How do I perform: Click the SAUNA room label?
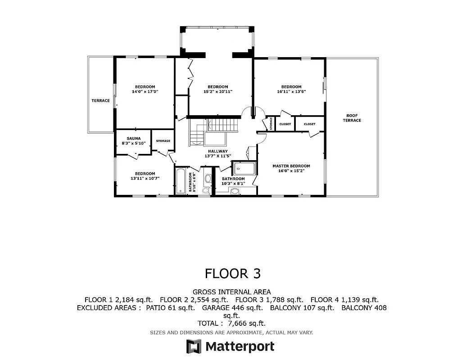point(134,138)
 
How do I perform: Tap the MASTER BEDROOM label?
point(291,166)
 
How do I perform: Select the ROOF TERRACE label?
point(352,117)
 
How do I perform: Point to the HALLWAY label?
point(217,151)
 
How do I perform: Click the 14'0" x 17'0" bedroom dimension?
point(145,92)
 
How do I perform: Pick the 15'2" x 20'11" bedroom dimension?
point(217,92)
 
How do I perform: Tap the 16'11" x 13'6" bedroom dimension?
point(291,92)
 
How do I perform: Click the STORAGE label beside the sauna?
point(163,141)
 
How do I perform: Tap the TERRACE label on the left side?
point(100,101)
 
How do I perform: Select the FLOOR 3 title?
point(233,273)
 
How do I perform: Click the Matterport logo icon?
point(194,346)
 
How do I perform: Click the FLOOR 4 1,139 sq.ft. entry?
point(344,300)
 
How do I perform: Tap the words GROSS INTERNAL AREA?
point(232,292)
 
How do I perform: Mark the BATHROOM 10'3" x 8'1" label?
point(233,181)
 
